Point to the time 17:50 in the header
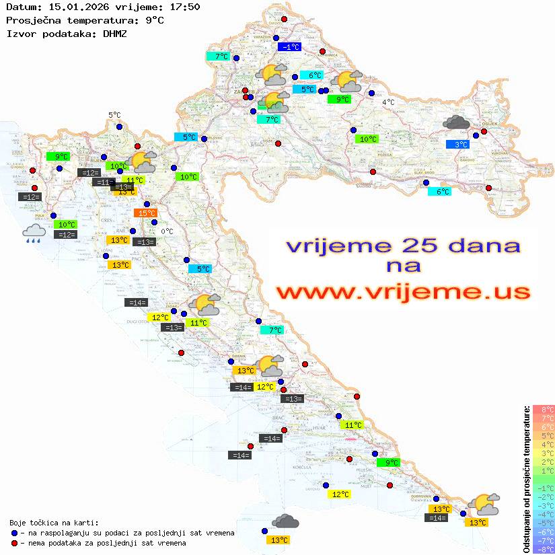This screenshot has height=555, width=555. click(184, 7)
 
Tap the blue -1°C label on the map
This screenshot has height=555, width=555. click(289, 46)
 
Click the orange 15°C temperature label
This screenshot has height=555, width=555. click(145, 213)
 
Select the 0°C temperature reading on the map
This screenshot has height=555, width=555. click(167, 231)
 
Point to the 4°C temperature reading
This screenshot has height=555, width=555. click(388, 102)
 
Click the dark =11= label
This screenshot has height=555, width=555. click(104, 182)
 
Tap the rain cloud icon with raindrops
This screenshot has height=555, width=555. click(34, 233)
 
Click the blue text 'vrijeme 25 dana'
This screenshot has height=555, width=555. click(403, 246)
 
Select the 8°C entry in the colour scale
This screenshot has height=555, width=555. click(544, 410)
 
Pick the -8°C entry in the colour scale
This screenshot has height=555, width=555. click(544, 549)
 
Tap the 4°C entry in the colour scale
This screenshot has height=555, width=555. click(544, 445)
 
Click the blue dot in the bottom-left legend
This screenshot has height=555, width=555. click(14, 533)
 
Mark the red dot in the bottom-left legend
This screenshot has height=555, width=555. click(14, 543)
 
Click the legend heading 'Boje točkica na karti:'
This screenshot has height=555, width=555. click(54, 523)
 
